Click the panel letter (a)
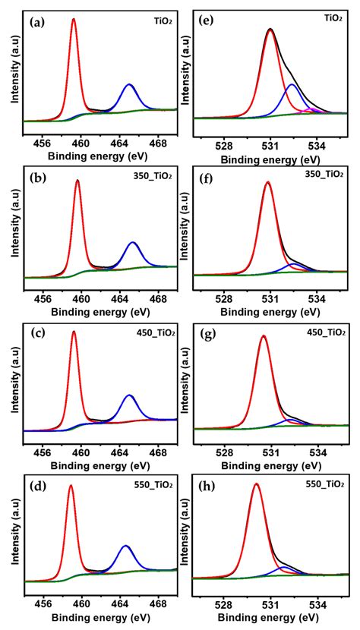pos(36,23)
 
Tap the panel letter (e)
pos(207,23)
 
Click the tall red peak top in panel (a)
pos(74,20)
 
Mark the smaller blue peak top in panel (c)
pos(129,395)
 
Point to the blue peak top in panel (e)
pos(292,85)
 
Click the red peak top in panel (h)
pos(256,484)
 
